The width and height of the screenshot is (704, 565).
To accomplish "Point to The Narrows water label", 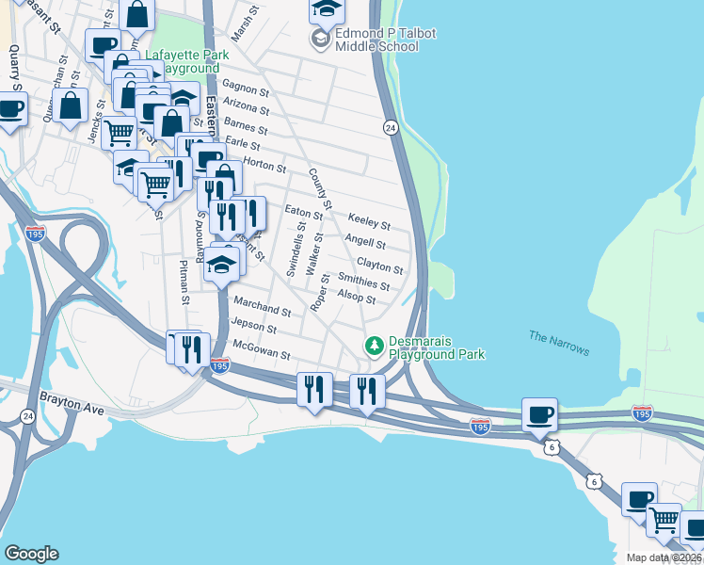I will (559, 343).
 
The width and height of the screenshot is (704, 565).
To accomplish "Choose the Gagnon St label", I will (248, 90).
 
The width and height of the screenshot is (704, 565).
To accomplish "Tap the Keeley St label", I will (369, 221).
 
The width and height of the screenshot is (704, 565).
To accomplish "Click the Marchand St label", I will (262, 307).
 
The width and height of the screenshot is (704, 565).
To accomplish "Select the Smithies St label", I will (364, 282).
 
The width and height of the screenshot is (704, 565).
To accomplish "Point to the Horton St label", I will (265, 166).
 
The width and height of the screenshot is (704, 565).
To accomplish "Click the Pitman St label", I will (185, 286).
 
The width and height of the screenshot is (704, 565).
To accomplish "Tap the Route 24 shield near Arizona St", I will (389, 127).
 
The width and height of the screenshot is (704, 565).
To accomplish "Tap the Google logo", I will (31, 554).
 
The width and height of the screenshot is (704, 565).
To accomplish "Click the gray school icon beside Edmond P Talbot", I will (322, 39).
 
